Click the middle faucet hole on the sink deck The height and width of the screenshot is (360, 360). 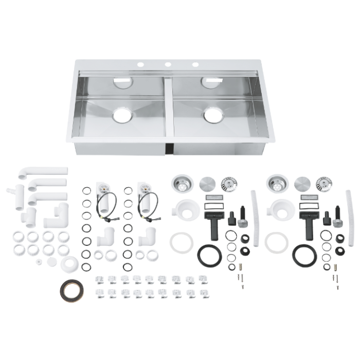168,65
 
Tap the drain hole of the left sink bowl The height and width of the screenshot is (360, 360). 122,116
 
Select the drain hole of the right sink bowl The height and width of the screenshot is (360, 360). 213,116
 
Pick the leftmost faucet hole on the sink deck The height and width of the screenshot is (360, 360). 140,65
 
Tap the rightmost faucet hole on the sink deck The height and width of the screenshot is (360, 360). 195,65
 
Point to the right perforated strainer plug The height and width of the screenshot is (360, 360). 324,184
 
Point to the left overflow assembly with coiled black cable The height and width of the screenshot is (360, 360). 107,201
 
